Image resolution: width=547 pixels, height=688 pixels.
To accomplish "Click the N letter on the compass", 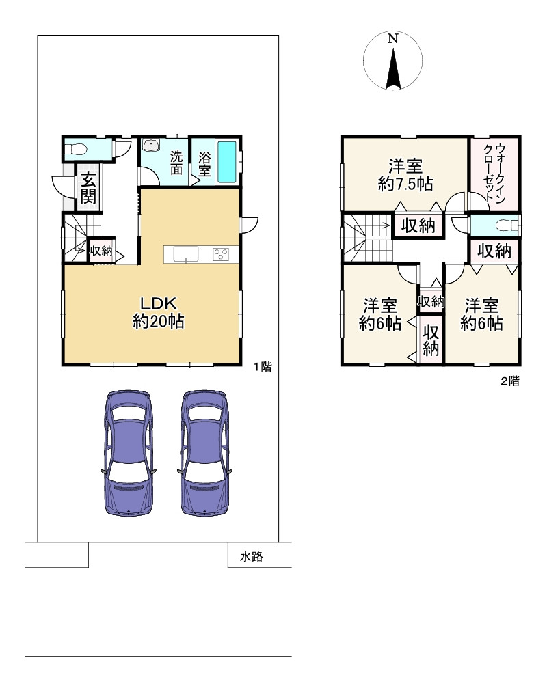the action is click(393, 39).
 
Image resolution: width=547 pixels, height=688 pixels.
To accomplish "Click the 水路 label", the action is click(251, 556).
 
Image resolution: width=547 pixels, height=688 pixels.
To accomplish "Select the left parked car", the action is click(129, 453).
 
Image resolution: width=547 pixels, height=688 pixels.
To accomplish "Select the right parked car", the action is click(205, 453).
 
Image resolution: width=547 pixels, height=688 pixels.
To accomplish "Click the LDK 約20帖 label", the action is click(159, 312).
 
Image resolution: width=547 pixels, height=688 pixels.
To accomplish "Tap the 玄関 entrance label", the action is click(88, 189).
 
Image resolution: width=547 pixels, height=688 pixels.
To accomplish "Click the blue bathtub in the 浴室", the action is click(227, 162).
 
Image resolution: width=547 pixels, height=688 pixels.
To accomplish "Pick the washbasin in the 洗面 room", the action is click(150, 146).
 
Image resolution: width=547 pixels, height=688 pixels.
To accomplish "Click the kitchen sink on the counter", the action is click(186, 254).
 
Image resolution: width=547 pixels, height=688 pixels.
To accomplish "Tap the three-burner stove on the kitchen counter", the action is click(220, 254).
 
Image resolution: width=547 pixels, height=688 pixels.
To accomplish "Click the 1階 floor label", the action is click(263, 367).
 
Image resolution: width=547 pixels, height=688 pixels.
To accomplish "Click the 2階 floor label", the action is click(510, 381).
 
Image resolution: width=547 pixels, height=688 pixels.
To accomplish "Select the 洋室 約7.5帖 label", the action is click(405, 175).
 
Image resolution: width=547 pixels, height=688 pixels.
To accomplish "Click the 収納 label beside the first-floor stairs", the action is click(101, 251).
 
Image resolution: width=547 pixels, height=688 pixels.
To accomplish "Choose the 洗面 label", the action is click(176, 163).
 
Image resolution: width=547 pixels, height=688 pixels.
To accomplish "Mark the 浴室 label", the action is click(204, 164).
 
